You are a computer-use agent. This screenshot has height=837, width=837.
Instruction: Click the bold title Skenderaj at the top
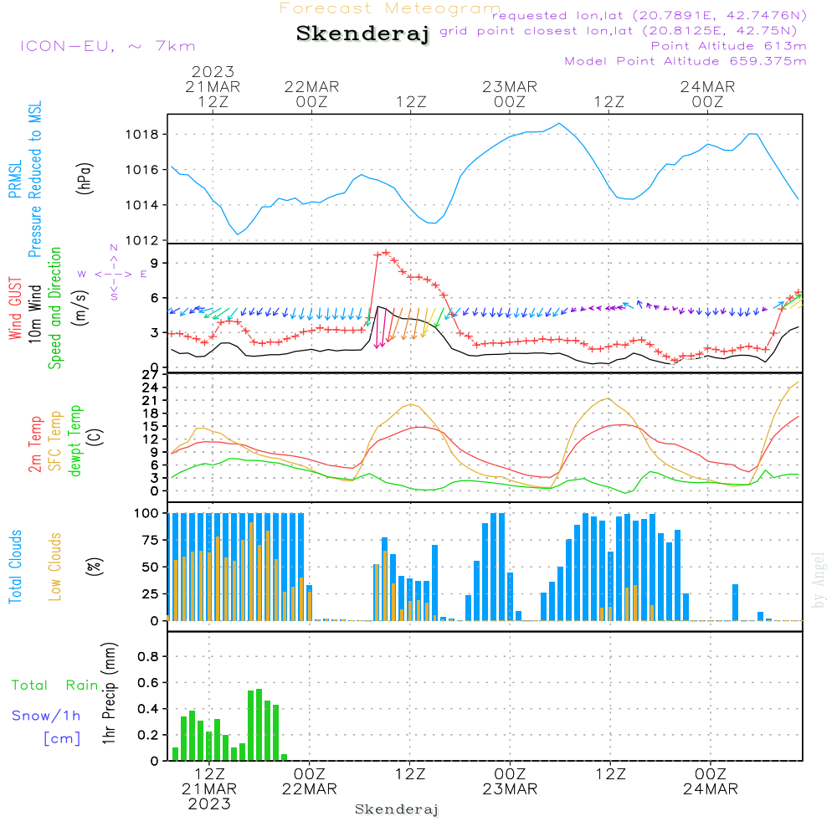pos(362,34)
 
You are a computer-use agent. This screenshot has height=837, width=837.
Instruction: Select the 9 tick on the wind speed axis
pos(154,263)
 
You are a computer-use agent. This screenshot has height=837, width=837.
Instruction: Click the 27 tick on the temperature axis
pos(151,374)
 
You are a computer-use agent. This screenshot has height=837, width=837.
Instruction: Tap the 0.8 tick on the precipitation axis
pos(147,657)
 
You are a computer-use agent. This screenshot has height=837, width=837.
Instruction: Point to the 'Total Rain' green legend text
pos(54,686)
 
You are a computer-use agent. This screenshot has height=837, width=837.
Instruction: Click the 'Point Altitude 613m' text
pos(728,46)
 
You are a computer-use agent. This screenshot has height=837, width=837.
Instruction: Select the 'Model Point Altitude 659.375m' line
pos(686,61)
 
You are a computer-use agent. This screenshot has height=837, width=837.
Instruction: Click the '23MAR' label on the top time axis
pos(509,86)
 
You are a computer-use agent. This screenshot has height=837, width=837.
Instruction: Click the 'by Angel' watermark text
pos(819,580)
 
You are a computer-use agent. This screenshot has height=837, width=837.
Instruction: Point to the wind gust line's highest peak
pos(386,252)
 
